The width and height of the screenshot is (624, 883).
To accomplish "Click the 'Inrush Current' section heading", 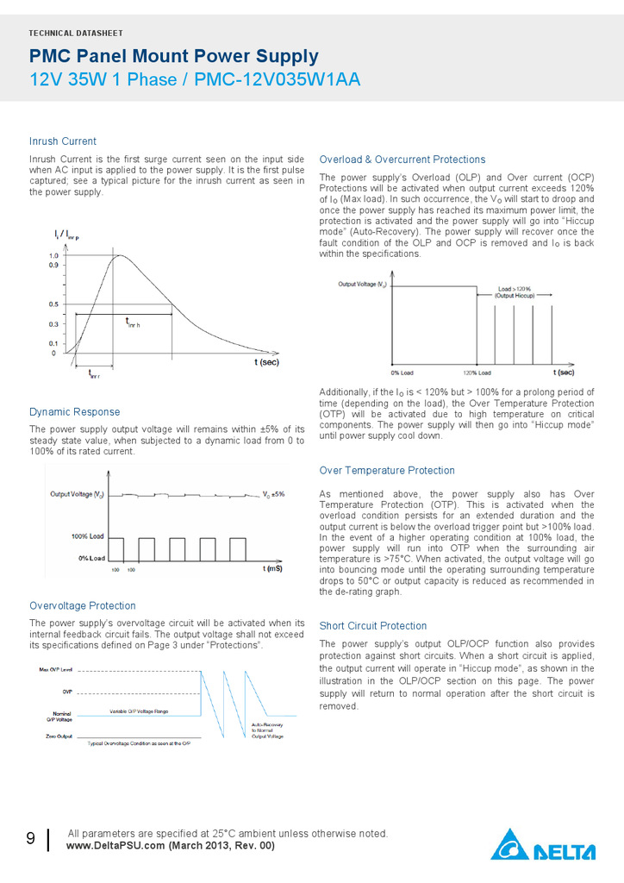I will pyautogui.click(x=63, y=141).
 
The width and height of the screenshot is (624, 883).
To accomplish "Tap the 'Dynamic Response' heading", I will pyautogui.click(x=75, y=412).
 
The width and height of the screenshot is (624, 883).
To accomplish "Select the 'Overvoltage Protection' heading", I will pyautogui.click(x=83, y=606).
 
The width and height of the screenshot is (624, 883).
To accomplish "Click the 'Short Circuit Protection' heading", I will pyautogui.click(x=373, y=626).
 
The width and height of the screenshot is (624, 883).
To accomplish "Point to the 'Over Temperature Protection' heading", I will pyautogui.click(x=387, y=471).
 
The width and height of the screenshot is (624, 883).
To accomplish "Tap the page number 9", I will pyautogui.click(x=30, y=839).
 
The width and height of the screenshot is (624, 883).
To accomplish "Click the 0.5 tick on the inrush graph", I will pyautogui.click(x=53, y=304).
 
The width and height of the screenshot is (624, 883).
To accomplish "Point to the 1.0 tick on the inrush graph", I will pyautogui.click(x=53, y=256).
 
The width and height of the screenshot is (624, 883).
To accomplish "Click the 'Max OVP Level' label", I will pyautogui.click(x=55, y=669).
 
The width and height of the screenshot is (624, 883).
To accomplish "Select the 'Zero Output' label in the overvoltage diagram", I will pyautogui.click(x=58, y=736).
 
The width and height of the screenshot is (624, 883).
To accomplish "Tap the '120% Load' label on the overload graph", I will pyautogui.click(x=477, y=373).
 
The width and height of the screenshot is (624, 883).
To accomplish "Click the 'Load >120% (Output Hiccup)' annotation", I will pyautogui.click(x=515, y=291).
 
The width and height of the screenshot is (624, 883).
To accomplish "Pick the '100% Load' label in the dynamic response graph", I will pyautogui.click(x=87, y=536).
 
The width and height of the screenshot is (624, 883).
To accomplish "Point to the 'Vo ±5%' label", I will pyautogui.click(x=273, y=494).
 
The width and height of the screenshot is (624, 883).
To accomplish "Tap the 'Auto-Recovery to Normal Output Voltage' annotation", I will pyautogui.click(x=267, y=730).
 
